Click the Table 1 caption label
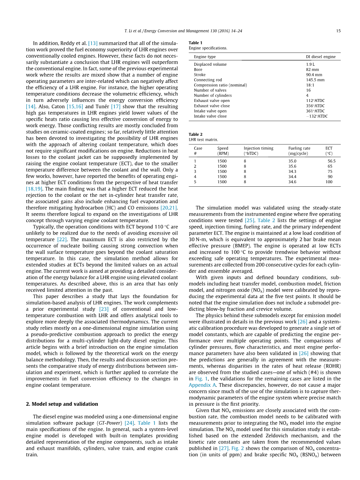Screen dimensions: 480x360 (x=195, y=43)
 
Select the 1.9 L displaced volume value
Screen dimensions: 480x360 (x=310, y=65)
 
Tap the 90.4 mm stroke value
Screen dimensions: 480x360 (x=314, y=75)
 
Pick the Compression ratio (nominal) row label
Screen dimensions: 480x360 (x=220, y=85)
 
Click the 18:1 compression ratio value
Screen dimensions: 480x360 (x=310, y=85)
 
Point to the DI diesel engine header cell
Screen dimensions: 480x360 (x=320, y=57)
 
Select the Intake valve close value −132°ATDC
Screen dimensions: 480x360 (x=317, y=116)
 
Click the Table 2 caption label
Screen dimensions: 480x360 (x=195, y=134)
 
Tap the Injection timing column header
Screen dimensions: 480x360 (x=258, y=148)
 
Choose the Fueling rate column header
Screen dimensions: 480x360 (x=299, y=148)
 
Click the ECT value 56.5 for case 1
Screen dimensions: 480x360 (x=331, y=161)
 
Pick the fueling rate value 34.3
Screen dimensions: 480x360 (x=292, y=171)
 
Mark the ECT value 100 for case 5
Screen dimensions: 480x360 (x=329, y=182)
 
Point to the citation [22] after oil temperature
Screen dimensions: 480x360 (x=62, y=240)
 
